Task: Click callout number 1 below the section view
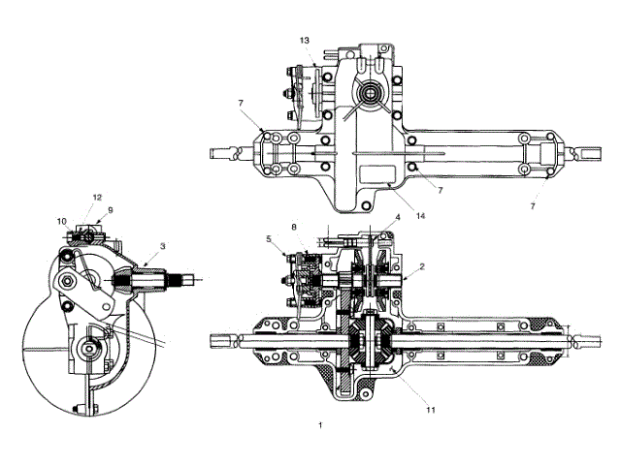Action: tap(320, 424)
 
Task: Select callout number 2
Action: tap(422, 264)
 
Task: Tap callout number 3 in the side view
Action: tap(163, 246)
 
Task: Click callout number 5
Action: tap(267, 237)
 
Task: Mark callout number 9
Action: tap(110, 209)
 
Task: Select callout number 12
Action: tap(97, 198)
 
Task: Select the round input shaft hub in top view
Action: tap(372, 94)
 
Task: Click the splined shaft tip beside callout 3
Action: tap(184, 280)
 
